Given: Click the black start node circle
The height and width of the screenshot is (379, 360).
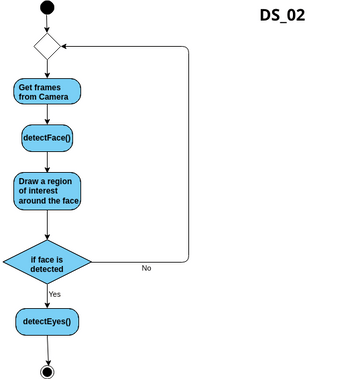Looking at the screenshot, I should (x=47, y=9).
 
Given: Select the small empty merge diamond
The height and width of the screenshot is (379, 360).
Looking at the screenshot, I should (x=47, y=46).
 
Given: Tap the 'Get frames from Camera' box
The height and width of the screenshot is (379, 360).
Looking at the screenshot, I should (x=47, y=91).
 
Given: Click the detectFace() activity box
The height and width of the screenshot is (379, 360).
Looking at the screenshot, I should (x=47, y=137).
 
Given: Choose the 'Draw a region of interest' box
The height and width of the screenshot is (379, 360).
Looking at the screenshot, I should (x=47, y=191).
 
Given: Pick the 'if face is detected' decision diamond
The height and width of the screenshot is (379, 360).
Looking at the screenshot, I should (x=47, y=263).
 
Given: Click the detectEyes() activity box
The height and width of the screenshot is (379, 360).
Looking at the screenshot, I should (x=47, y=322).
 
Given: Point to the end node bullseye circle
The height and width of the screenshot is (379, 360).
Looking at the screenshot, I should (x=47, y=371).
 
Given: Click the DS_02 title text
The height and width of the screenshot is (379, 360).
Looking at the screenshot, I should (x=282, y=15).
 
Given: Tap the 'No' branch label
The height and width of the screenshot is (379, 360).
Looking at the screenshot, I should (x=146, y=269).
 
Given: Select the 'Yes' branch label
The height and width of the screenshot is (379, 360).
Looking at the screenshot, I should (x=55, y=294).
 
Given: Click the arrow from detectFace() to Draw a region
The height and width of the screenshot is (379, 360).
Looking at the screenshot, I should (x=47, y=161).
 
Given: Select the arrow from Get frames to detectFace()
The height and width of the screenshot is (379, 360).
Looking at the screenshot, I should (x=47, y=113).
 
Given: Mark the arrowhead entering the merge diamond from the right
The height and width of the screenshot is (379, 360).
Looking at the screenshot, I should (x=65, y=46).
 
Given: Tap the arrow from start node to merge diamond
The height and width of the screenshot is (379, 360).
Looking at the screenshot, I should (x=47, y=24).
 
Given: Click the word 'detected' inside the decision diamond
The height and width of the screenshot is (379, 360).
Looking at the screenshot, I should (x=47, y=269).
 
